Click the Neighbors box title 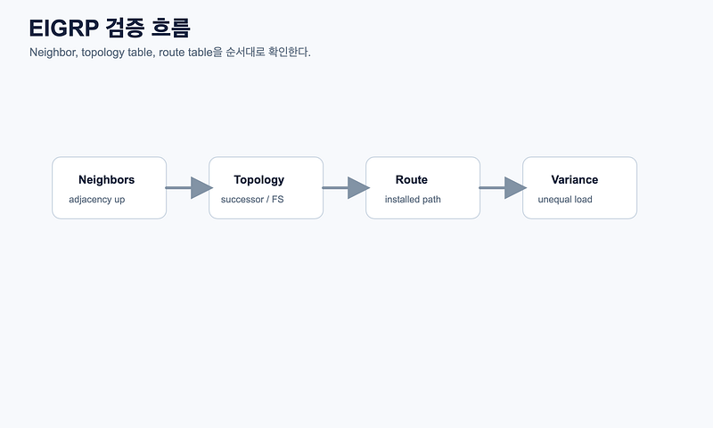click(x=106, y=179)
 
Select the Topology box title click(x=258, y=180)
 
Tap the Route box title click(x=412, y=179)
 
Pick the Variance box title click(x=574, y=179)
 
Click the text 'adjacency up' click(x=97, y=200)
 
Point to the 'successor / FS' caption click(x=252, y=199)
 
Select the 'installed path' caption click(x=413, y=199)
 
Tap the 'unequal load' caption click(x=565, y=200)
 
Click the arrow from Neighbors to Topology click(x=189, y=188)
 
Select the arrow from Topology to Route click(x=346, y=188)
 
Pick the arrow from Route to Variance click(x=503, y=188)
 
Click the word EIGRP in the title click(x=63, y=29)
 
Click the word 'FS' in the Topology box click(x=278, y=199)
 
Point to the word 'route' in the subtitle click(x=171, y=53)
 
